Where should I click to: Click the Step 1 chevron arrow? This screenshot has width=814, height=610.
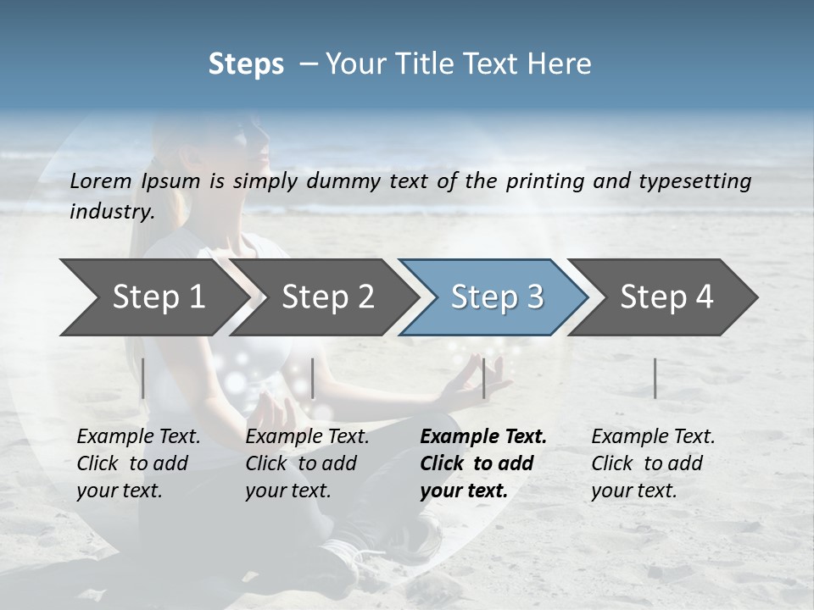coord(153,297)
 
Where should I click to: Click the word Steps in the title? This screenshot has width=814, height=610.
coord(246,64)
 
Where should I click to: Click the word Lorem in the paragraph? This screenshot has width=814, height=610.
coord(101,180)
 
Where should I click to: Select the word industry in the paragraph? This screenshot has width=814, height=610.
coord(111,212)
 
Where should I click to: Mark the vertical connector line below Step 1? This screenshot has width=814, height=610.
coord(143,378)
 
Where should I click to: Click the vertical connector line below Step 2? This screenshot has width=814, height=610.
coord(313,378)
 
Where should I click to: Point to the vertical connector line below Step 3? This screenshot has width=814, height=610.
coord(483,378)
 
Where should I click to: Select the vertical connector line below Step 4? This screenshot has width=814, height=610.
coord(655,378)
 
